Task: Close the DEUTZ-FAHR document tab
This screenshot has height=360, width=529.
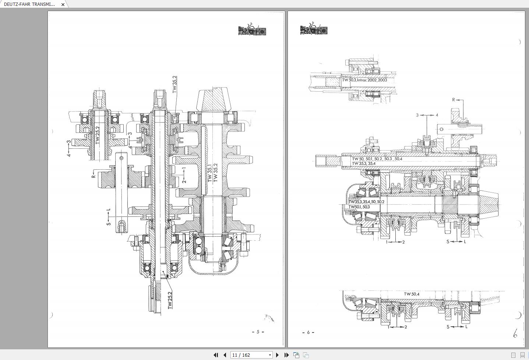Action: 63,4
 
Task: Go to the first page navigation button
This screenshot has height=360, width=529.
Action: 216,355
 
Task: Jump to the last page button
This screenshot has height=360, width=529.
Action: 286,355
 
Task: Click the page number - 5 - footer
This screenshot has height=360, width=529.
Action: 258,332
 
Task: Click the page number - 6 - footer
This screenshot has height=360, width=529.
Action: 308,332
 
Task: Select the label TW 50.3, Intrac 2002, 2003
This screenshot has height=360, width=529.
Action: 364,80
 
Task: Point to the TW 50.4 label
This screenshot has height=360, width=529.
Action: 412,294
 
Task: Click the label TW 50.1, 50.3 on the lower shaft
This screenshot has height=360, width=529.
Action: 359,207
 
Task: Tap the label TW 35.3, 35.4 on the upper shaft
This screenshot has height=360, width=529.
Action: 363,163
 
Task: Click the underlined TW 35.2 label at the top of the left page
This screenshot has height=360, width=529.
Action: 175,84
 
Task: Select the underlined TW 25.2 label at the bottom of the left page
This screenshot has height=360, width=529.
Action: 170,300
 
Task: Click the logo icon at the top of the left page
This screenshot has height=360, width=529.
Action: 252,29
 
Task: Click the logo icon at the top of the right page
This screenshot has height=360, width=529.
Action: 314,29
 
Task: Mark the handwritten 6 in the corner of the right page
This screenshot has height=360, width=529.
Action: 515,334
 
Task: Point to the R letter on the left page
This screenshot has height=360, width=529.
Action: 94,176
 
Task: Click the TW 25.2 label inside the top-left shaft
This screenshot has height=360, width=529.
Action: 98,135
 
